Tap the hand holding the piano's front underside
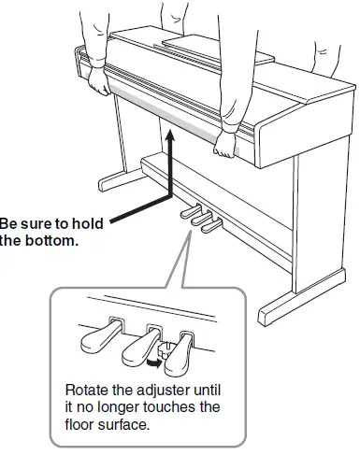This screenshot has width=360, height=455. coord(225,143)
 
